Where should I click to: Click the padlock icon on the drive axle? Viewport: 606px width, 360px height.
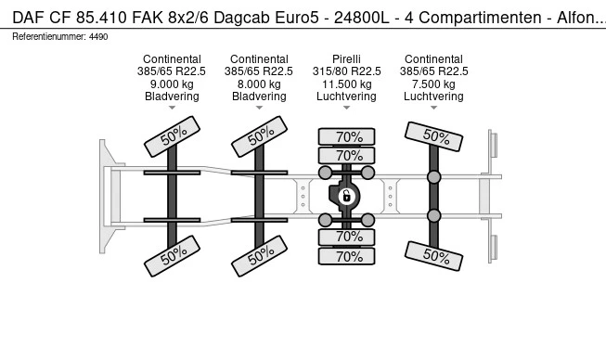346,196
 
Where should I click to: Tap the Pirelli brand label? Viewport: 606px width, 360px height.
347,59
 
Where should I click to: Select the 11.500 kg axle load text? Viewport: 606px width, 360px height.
347,84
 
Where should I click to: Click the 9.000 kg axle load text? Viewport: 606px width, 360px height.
172,84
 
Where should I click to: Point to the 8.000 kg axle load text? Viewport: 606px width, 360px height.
259,84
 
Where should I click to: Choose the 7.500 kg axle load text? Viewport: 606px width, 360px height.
433,84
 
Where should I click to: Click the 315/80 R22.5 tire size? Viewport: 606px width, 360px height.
347,71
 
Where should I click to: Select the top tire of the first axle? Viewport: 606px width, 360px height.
172,138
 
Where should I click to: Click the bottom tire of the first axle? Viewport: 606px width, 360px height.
172,255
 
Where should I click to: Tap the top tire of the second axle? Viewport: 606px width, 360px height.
259,138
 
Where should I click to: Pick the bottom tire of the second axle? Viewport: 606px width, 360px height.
259,255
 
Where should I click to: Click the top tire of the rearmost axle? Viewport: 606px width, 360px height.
433,138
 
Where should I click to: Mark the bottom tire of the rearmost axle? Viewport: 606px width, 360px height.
433,255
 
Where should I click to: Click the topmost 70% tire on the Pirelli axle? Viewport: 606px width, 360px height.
347,136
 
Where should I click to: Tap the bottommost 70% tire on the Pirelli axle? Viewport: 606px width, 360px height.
347,257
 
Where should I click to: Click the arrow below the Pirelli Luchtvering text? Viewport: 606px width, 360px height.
347,109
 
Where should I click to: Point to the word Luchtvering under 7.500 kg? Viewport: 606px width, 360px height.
433,96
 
